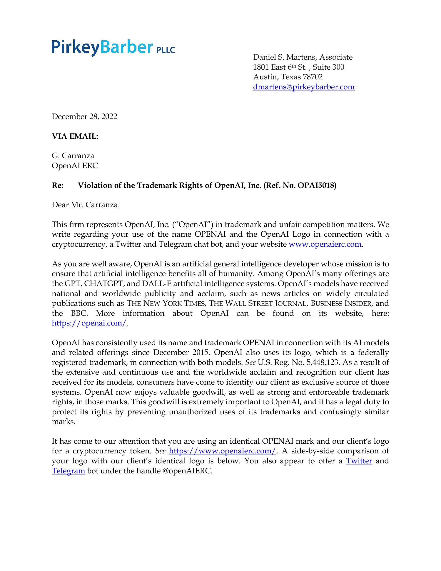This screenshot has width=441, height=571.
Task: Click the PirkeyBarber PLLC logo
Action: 113,47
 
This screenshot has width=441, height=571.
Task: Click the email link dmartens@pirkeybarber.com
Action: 304,87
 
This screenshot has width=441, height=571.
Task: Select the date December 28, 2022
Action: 84,117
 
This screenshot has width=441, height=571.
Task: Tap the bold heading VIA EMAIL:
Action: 75,136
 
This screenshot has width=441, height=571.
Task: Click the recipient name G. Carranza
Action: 73,156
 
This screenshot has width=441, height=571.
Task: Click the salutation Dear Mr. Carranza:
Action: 86,205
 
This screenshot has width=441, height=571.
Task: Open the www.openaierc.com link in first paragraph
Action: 325,244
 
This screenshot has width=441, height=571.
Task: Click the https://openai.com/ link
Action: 89,323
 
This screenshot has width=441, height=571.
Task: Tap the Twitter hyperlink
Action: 359,461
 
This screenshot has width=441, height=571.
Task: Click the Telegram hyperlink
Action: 68,471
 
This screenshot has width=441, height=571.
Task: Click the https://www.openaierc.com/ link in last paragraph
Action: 223,451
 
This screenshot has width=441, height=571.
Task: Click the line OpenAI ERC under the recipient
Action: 75,166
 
